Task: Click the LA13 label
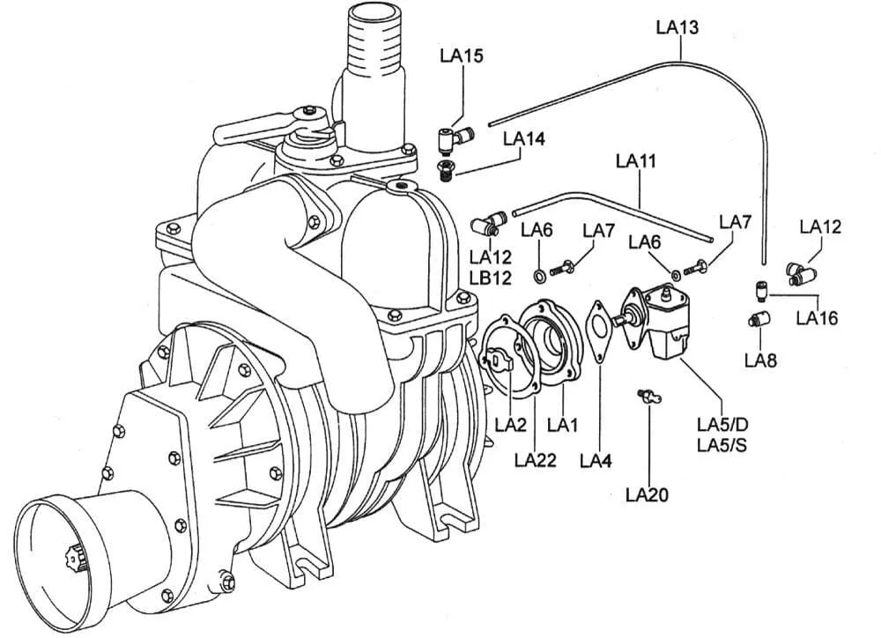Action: coord(677,27)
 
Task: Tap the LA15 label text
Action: coord(462,56)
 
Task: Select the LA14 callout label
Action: coord(524,138)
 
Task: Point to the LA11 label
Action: coord(636,161)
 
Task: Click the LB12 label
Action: coord(491,278)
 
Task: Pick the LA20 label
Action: coord(648,495)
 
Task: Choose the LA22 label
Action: coord(536,460)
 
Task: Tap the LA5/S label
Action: coord(722,445)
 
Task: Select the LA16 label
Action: coord(817,318)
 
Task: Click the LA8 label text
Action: coord(761,360)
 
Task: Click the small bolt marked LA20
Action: coord(649,397)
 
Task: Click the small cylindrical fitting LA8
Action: coord(759,321)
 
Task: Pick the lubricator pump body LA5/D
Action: coord(658,319)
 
